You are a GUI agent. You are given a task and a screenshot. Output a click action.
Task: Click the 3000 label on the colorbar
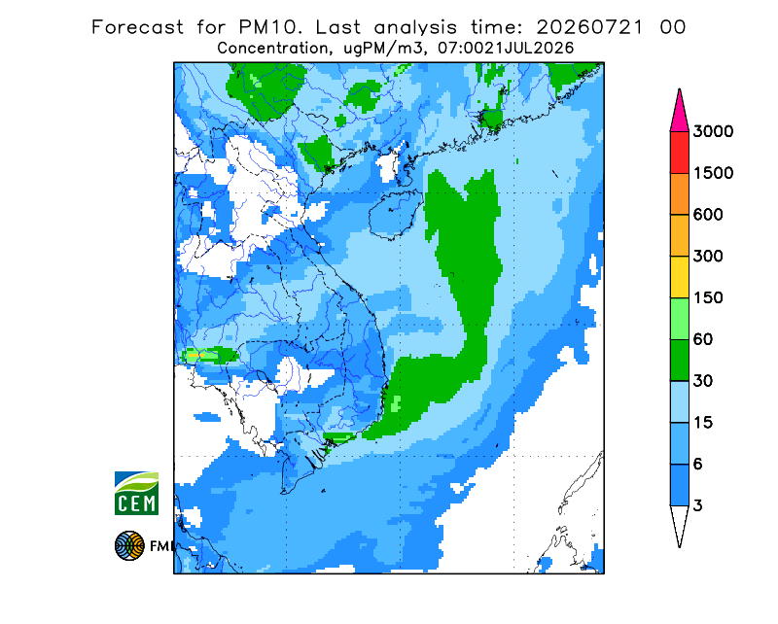point(713,131)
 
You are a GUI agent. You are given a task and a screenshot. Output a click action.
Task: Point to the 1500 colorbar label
point(713,173)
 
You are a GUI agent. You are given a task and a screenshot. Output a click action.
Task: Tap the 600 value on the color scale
point(708,215)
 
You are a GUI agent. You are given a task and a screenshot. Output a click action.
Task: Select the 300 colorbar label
point(708,257)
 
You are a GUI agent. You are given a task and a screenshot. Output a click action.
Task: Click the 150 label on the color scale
point(708,298)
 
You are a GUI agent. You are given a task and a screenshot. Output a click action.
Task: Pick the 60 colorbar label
point(703,340)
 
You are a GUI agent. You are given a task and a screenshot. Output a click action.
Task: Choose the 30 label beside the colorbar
point(703,381)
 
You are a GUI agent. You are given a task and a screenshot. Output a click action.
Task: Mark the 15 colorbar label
point(703,423)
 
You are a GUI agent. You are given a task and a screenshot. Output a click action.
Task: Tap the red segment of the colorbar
point(679,153)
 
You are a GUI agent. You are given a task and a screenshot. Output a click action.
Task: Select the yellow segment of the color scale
point(679,277)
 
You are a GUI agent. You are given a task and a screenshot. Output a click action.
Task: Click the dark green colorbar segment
point(679,361)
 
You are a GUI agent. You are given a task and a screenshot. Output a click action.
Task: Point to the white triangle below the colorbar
point(679,523)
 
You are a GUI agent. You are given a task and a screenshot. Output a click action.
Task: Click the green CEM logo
point(136,493)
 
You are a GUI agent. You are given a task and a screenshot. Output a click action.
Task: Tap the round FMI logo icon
point(129,545)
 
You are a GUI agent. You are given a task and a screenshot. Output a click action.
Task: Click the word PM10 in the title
point(270,27)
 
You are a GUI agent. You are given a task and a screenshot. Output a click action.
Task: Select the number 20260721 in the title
point(590,27)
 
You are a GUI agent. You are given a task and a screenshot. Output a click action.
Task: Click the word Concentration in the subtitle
point(272,49)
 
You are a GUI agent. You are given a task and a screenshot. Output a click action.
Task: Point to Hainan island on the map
point(396,214)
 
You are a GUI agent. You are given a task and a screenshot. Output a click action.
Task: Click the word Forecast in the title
point(137,27)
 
